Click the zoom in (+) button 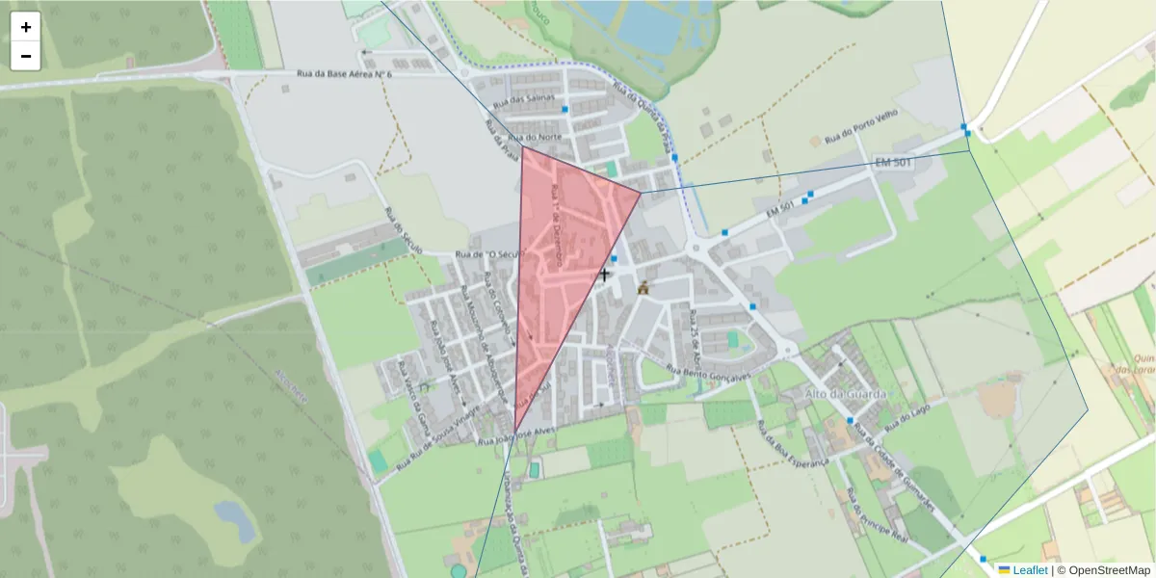click(x=26, y=27)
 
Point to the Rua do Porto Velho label click(x=860, y=124)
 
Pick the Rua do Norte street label click(x=538, y=137)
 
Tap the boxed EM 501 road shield click(x=892, y=163)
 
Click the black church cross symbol click(x=605, y=275)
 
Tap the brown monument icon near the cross click(x=643, y=286)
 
